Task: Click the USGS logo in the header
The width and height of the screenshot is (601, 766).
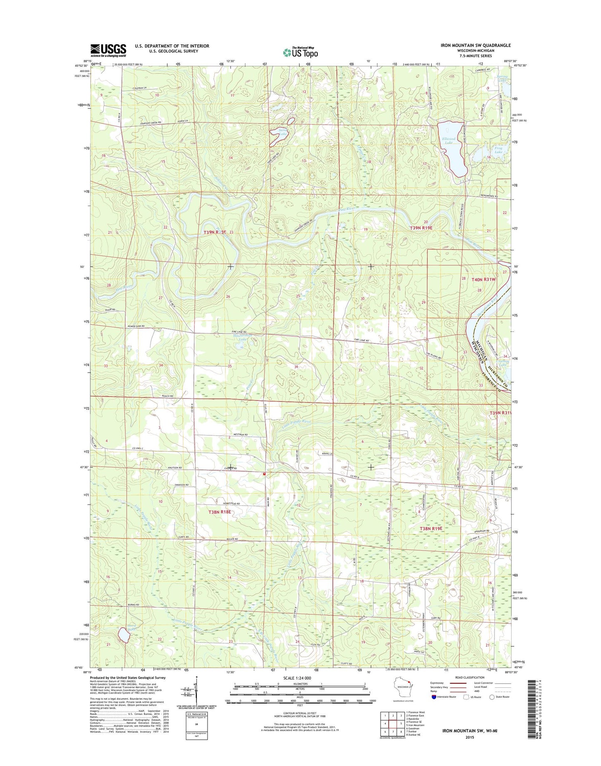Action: click(x=108, y=50)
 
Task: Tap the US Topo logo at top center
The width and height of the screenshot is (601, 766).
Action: click(x=300, y=52)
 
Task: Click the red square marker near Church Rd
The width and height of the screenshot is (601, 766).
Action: click(x=264, y=473)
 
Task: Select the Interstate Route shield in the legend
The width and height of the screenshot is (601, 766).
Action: click(x=434, y=708)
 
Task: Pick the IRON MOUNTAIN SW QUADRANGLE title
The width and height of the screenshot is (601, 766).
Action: click(x=476, y=45)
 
